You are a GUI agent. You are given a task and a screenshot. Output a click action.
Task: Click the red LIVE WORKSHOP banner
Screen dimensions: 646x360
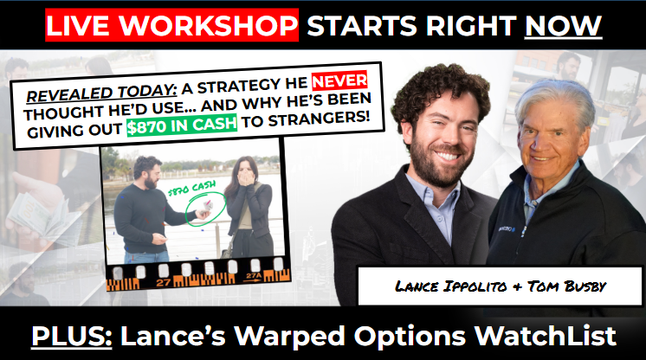[171, 25]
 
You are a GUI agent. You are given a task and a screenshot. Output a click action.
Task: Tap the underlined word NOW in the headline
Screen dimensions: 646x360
[563, 26]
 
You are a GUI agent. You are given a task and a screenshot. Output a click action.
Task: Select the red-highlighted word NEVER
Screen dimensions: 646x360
[339, 81]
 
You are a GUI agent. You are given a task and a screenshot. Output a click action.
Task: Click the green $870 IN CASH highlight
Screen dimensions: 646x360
[182, 125]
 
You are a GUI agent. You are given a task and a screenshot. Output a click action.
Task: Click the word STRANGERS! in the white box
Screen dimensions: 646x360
[320, 119]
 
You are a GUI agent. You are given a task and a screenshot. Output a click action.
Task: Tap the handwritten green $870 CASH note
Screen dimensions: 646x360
[192, 189]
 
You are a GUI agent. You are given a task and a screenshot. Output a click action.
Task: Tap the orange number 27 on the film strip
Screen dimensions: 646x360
[164, 283]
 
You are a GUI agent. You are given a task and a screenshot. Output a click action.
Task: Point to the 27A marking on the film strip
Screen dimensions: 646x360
[254, 276]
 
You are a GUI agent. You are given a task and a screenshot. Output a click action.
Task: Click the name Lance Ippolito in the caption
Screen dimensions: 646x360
[450, 286]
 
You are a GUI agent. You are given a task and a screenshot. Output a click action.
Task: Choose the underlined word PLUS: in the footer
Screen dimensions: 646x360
[72, 336]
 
